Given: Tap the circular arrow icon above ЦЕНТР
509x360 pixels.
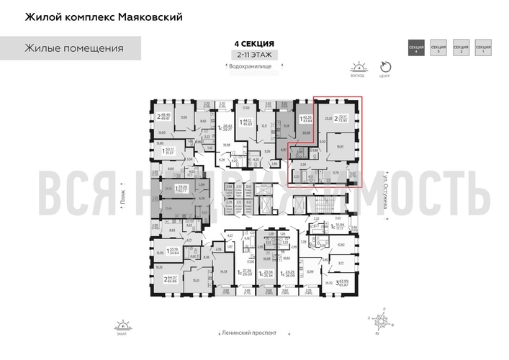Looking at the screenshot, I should (384, 65).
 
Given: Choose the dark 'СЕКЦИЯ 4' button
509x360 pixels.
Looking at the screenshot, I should (415, 48).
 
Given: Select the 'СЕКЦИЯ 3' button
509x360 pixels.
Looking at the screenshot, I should (438, 48).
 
